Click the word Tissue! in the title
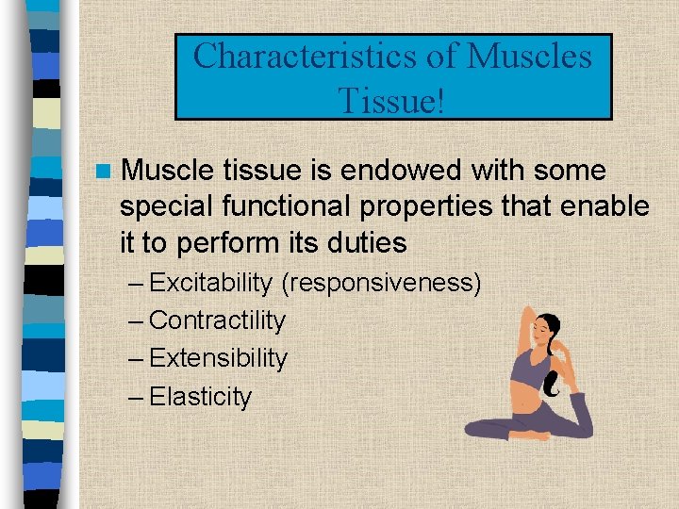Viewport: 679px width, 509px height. coord(393,98)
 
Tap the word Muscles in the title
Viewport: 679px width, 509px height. coord(529,57)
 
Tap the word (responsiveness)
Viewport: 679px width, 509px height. coord(381,283)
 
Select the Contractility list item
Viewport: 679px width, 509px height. coord(217,320)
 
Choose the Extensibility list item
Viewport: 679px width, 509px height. coord(218,358)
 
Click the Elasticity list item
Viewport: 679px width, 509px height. coord(200,397)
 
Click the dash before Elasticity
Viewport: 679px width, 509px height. coord(136,397)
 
